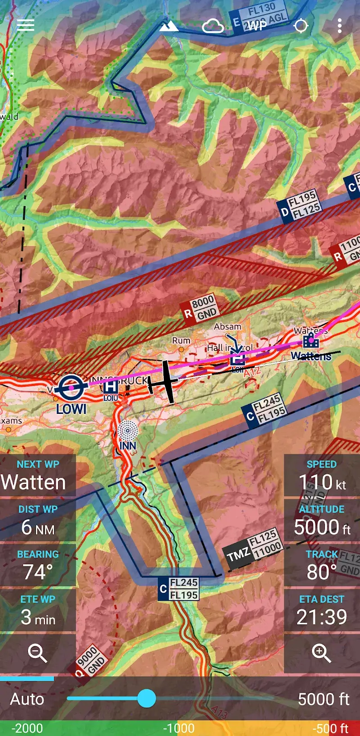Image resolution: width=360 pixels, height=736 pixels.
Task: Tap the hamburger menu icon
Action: (26, 25)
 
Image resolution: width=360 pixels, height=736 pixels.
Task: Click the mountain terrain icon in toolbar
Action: (169, 27)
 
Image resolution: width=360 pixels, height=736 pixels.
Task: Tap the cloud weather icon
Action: (213, 27)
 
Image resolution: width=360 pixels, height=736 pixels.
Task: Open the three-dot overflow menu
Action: (339, 26)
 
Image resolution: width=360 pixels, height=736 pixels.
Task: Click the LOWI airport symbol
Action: (72, 387)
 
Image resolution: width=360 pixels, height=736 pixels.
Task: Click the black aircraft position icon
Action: (165, 381)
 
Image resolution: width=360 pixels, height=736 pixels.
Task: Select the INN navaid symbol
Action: (127, 431)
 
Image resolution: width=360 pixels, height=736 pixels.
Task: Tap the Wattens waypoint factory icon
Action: (310, 341)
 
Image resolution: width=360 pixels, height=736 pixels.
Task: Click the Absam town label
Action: (228, 327)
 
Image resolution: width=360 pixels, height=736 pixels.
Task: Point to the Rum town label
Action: (181, 341)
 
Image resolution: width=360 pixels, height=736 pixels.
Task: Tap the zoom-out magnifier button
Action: (37, 653)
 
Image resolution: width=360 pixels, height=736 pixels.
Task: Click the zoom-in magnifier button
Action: (321, 653)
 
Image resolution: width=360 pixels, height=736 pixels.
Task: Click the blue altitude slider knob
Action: (146, 698)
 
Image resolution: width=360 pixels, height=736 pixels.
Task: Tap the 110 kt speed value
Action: (322, 483)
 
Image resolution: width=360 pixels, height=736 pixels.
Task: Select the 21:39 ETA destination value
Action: (322, 617)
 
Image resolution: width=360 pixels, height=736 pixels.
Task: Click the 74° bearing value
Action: (38, 572)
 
